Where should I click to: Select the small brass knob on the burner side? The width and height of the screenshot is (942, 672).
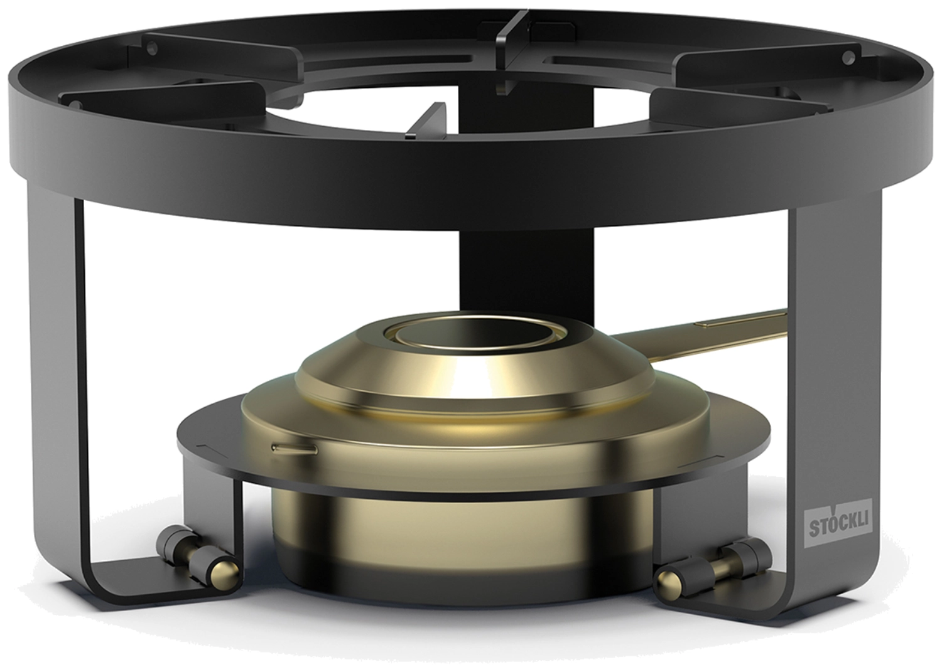tap(295, 449)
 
